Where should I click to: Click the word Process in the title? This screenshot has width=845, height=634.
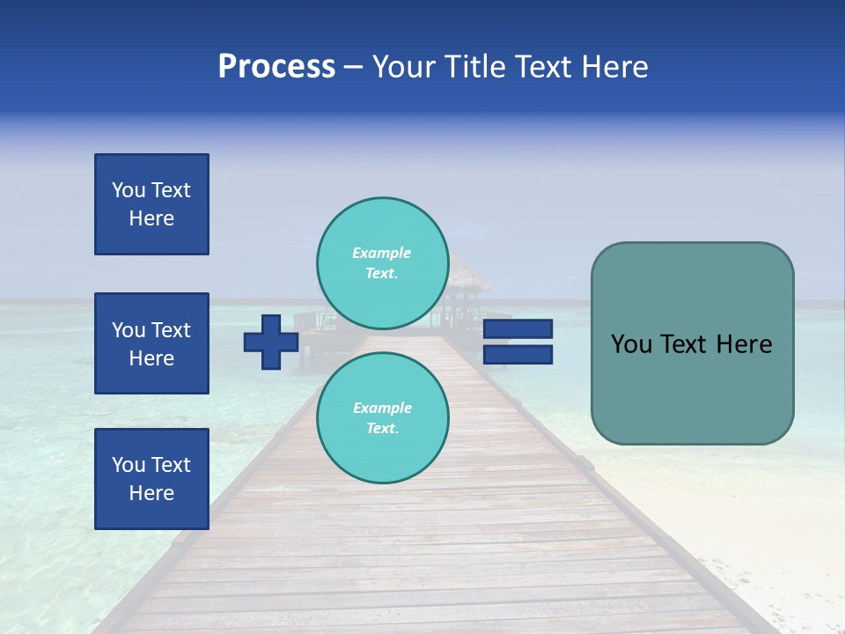(276, 67)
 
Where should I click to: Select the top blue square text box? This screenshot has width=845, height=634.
(151, 204)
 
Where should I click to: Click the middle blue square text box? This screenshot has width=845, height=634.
(151, 343)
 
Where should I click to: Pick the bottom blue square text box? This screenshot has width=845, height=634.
(151, 479)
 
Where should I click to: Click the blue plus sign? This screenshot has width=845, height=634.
(271, 342)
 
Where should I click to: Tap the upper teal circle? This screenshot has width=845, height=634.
(383, 263)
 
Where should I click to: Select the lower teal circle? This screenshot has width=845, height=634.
(383, 418)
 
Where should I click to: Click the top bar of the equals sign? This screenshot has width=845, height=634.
(518, 328)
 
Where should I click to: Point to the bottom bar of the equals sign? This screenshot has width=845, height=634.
(518, 354)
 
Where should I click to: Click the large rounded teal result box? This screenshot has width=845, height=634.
(692, 343)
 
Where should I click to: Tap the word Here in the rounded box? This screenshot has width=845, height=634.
(744, 344)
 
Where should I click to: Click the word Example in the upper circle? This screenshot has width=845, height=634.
(382, 253)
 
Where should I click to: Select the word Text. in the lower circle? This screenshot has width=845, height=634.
(382, 429)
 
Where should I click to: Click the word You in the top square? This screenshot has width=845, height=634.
(129, 190)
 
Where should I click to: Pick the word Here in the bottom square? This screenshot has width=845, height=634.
(151, 493)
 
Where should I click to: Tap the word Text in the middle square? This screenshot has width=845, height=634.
(171, 330)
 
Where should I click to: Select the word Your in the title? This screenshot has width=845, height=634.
(403, 67)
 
